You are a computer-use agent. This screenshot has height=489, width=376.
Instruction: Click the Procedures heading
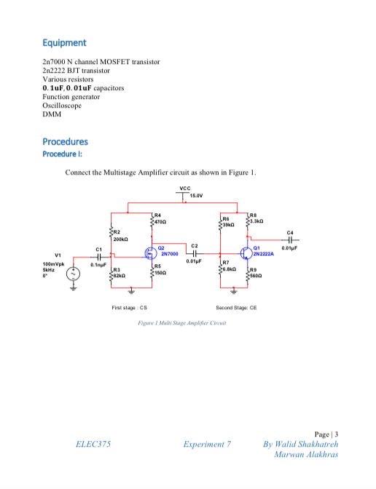click(65, 141)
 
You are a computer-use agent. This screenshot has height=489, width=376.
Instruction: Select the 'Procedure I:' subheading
click(61, 154)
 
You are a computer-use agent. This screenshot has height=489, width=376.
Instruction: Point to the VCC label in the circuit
click(184, 188)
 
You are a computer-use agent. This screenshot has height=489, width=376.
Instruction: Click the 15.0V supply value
click(197, 196)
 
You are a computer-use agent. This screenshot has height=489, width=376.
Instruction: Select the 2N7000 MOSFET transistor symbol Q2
click(150, 255)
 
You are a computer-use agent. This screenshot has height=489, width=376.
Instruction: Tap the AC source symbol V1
click(74, 274)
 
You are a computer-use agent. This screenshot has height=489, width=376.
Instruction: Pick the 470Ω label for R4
click(162, 220)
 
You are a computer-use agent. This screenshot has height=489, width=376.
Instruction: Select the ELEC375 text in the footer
click(93, 443)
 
